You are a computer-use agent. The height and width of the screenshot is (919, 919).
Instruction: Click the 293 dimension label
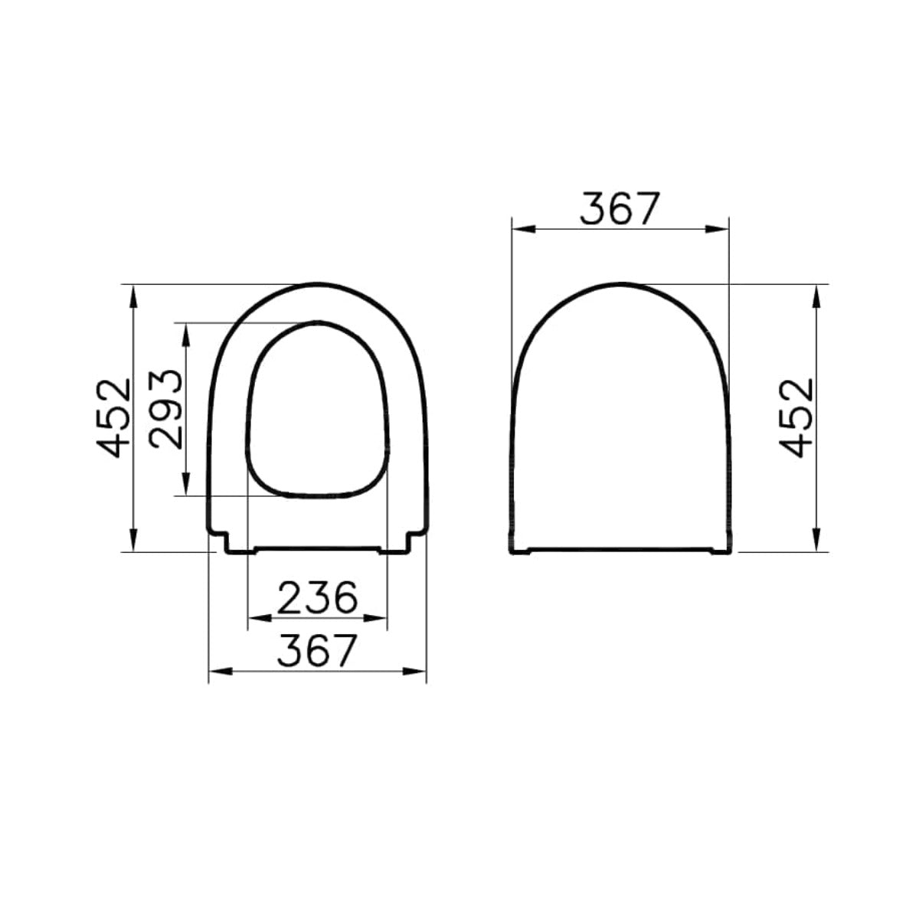coord(165,409)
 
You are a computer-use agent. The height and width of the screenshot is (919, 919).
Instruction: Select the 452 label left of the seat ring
coord(113,418)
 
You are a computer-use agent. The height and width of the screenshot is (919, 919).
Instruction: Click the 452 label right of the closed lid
coord(796,418)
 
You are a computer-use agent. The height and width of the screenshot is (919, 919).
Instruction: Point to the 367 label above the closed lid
coord(620,208)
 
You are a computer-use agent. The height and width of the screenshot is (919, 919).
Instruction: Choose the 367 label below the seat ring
coord(317,651)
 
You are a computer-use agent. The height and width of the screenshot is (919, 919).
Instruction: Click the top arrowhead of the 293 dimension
coord(186,335)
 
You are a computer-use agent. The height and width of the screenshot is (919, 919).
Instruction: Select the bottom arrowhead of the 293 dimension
coord(186,484)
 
